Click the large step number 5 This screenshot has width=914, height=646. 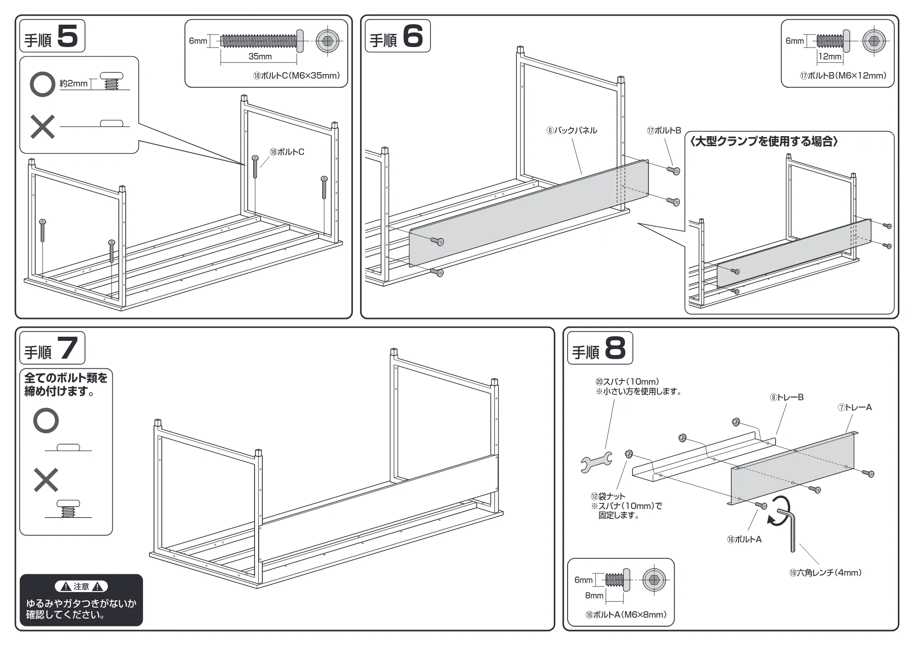[x=68, y=36]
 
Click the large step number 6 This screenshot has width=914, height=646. [x=413, y=36]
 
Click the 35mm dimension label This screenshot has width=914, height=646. [x=260, y=56]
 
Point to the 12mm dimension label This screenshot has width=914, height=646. [x=830, y=56]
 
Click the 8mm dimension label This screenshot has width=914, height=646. [x=594, y=595]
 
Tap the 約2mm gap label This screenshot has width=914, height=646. [x=74, y=84]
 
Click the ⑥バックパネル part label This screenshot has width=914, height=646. [x=572, y=131]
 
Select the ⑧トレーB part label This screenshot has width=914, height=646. [x=786, y=397]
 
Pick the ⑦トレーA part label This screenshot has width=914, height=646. [x=855, y=408]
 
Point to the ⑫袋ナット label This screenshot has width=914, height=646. [x=608, y=496]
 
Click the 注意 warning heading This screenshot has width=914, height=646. [x=81, y=587]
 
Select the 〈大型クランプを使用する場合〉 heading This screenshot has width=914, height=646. [x=763, y=142]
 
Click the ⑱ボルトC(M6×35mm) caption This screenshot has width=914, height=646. [x=297, y=76]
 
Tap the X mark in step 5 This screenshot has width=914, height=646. [x=43, y=127]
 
